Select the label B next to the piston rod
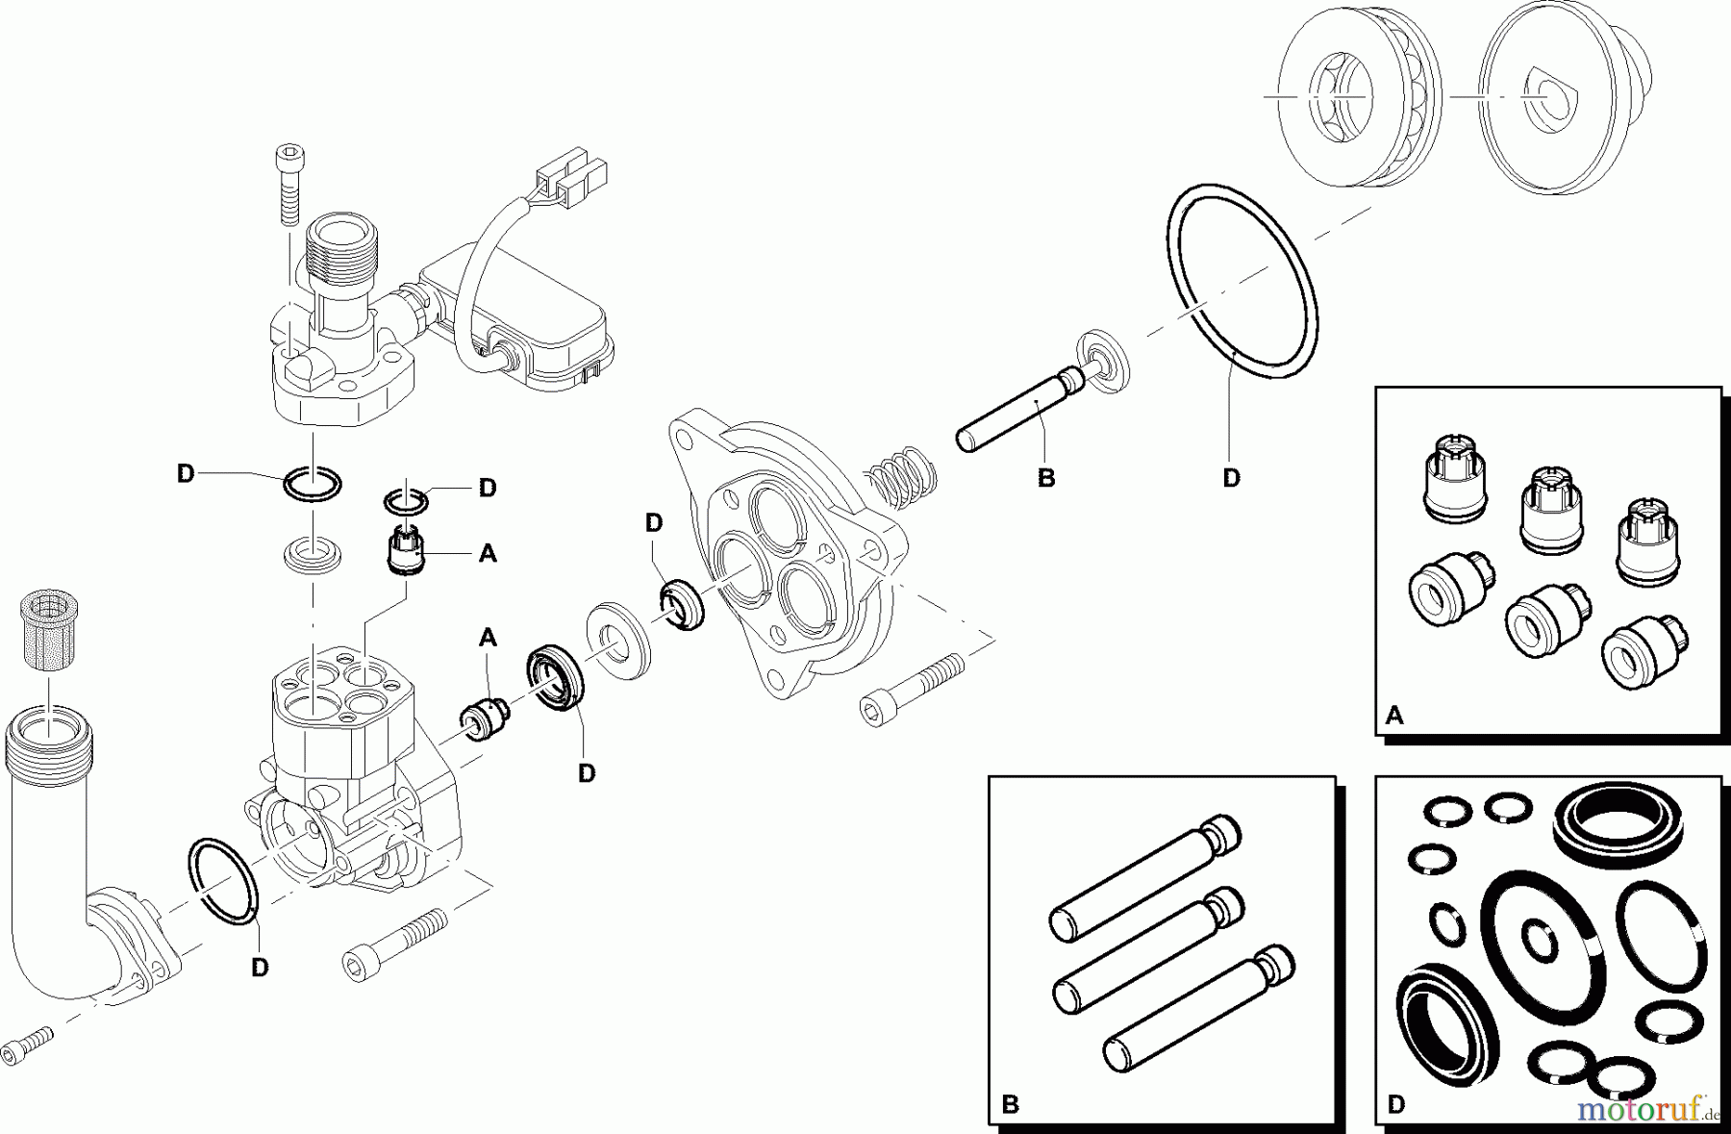tap(1046, 478)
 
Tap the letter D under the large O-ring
tap(1231, 478)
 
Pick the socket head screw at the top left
tap(288, 183)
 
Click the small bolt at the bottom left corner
tap(26, 1046)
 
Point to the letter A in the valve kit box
tap(1394, 716)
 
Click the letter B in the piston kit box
tap(1009, 1104)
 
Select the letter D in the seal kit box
tap(1396, 1104)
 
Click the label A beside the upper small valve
tap(488, 554)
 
